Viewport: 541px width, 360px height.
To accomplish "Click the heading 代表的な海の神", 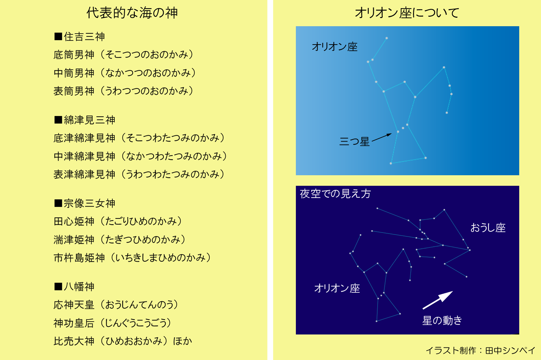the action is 132,13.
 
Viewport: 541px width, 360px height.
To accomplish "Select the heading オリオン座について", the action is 407,13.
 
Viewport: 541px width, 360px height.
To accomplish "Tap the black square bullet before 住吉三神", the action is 58,36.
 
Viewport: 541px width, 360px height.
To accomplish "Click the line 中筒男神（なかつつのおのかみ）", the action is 125,73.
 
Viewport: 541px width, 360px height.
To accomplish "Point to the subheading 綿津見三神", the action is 89,120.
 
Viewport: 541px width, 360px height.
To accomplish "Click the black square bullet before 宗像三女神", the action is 58,203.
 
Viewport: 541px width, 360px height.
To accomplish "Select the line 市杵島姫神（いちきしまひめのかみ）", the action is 132,258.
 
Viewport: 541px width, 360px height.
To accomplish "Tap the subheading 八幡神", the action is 79,287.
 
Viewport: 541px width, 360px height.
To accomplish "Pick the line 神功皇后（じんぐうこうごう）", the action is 112,323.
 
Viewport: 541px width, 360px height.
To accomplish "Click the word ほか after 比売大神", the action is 182,341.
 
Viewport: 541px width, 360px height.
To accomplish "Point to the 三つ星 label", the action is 354,142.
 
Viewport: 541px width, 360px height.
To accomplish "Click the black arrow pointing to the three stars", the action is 382,137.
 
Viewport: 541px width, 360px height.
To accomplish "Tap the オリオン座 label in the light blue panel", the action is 334,47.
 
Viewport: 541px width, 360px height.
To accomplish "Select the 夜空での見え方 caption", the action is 335,194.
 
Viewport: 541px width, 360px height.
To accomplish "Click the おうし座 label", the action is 488,228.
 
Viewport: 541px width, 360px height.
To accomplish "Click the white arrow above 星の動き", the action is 437,300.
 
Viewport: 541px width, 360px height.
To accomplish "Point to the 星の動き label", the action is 442,321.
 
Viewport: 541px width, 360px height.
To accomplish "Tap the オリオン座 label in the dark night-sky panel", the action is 337,288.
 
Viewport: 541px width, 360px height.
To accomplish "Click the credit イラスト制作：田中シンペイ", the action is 480,350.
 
